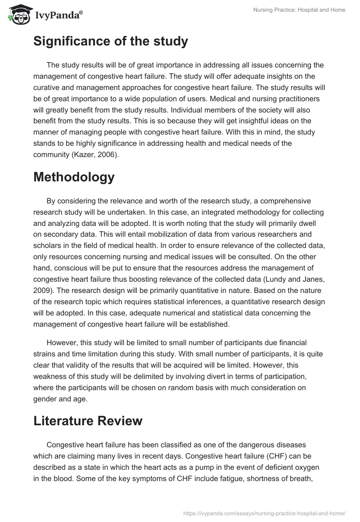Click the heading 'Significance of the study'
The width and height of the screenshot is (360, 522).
(111, 41)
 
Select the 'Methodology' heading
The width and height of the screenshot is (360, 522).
(74, 177)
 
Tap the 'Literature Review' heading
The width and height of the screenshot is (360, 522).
(88, 421)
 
